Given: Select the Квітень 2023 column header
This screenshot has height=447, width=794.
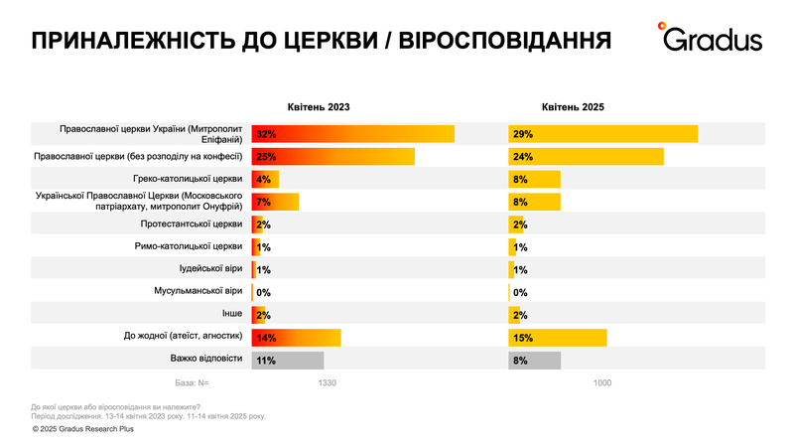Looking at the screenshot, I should [x=319, y=106].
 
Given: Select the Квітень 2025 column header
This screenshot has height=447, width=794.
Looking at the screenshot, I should [x=573, y=106].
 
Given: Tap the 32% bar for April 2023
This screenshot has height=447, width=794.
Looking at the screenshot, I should [x=353, y=134].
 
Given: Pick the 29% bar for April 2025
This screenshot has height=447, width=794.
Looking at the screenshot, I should [x=603, y=134].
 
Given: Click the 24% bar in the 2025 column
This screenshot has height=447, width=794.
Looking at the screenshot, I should [x=586, y=157].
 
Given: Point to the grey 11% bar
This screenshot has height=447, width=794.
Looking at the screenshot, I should [x=289, y=360].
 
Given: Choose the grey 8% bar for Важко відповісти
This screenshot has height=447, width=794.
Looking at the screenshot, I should [x=535, y=360].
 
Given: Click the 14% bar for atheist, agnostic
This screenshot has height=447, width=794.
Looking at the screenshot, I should [x=297, y=338].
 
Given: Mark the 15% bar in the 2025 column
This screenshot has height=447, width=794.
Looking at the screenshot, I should [x=558, y=338].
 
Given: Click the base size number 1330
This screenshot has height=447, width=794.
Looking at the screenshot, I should [x=328, y=383].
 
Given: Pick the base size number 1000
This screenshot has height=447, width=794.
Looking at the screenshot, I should [x=602, y=383].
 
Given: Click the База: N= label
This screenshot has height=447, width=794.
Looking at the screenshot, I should [x=192, y=383].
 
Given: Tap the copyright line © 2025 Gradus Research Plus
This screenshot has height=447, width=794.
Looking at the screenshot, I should [x=82, y=429].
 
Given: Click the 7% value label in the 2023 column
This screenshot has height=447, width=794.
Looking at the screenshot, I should [x=264, y=202].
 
